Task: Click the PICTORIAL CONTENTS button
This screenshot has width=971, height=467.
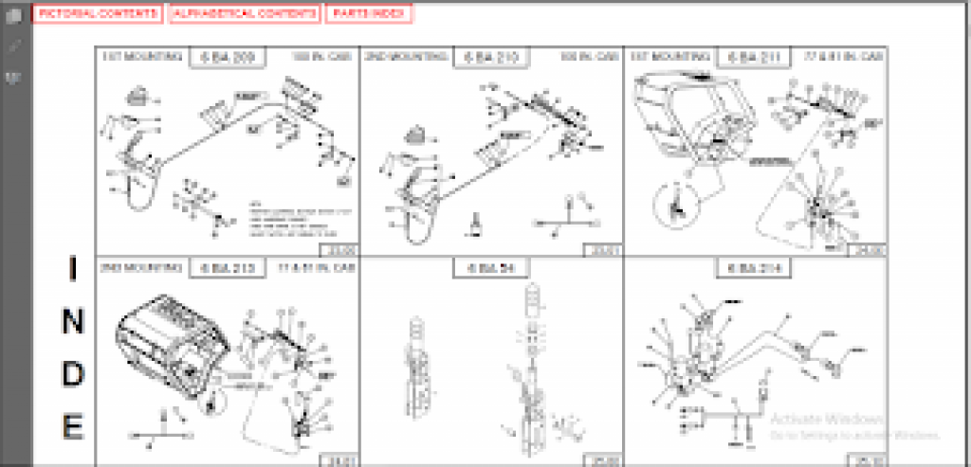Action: (x=99, y=14)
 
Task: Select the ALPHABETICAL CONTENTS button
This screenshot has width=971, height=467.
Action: (x=245, y=14)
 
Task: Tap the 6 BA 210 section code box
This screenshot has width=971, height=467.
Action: (x=491, y=57)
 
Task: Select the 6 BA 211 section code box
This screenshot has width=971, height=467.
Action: (x=754, y=57)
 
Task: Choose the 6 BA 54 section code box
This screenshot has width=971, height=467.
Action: (x=491, y=268)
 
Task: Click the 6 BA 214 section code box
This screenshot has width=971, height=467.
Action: (x=754, y=268)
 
